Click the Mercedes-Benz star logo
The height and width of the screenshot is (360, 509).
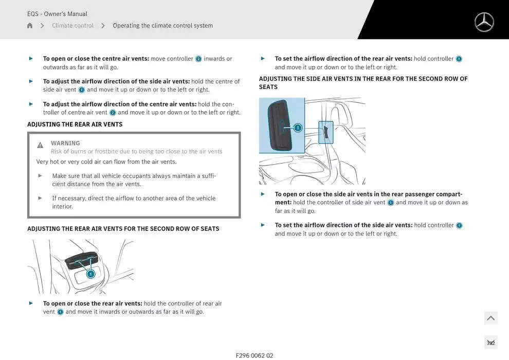tap(484, 22)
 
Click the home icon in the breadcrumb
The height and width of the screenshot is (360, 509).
tap(30, 26)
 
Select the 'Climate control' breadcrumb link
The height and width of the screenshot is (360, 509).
tap(72, 26)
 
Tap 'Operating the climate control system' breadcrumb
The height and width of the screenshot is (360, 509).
tap(162, 26)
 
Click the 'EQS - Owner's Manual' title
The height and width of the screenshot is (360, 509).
tap(57, 14)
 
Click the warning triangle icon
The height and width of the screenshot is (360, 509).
tap(40, 145)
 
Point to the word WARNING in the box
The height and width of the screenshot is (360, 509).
tap(65, 143)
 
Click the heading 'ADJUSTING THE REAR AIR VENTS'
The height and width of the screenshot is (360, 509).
tap(75, 124)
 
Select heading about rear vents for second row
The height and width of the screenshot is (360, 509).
tap(123, 229)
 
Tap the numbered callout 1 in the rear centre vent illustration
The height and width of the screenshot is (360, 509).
tap(90, 274)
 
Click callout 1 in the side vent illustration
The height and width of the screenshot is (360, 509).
tap(298, 128)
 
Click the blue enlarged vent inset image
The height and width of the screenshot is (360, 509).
tap(282, 125)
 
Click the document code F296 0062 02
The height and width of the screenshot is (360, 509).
tap(254, 355)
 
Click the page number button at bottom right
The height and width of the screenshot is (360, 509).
tap(490, 343)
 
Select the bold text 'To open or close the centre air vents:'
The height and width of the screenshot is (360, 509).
tap(96, 59)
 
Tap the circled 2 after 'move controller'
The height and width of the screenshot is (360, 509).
tap(198, 59)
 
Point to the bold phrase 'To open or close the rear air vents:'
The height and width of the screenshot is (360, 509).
tap(93, 303)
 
